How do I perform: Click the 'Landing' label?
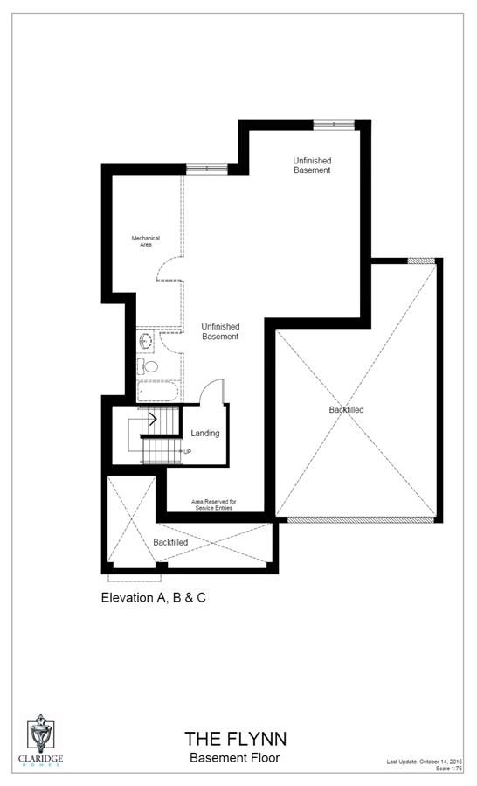pyautogui.click(x=205, y=433)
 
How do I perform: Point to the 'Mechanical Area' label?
pyautogui.click(x=142, y=241)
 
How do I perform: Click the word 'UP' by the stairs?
pyautogui.click(x=187, y=451)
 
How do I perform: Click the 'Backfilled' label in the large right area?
pyautogui.click(x=347, y=409)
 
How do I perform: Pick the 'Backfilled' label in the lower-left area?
pyautogui.click(x=170, y=542)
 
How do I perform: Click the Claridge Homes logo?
pyautogui.click(x=43, y=740)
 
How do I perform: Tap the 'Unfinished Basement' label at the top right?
pyautogui.click(x=312, y=165)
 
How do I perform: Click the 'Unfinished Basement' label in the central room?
pyautogui.click(x=220, y=331)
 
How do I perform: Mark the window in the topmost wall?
pyautogui.click(x=334, y=124)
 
